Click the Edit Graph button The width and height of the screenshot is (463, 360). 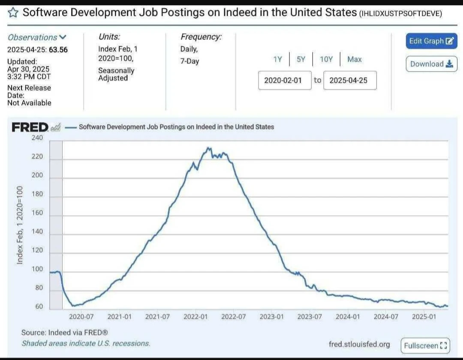pos(431,41)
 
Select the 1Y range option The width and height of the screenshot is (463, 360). pos(278,60)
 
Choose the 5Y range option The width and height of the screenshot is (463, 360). pos(301,60)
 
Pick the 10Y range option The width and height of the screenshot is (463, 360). pos(326,60)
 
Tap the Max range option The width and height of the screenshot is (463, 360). pos(355,60)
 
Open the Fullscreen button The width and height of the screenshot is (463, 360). pos(425,345)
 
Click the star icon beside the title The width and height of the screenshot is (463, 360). pos(13,12)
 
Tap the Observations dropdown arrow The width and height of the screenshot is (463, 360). pos(63,37)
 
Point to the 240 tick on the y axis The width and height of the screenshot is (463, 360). pos(37,138)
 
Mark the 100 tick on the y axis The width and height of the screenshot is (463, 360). pos(37,270)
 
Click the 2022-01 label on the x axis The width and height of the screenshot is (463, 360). pos(195,317)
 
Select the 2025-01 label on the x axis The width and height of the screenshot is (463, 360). pos(424,317)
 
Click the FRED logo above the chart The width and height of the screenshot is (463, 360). pos(30,127)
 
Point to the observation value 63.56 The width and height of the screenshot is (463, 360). pos(58,49)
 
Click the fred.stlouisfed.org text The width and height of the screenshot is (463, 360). pos(359,344)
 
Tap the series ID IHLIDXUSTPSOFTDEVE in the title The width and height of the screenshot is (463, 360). pos(400,13)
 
